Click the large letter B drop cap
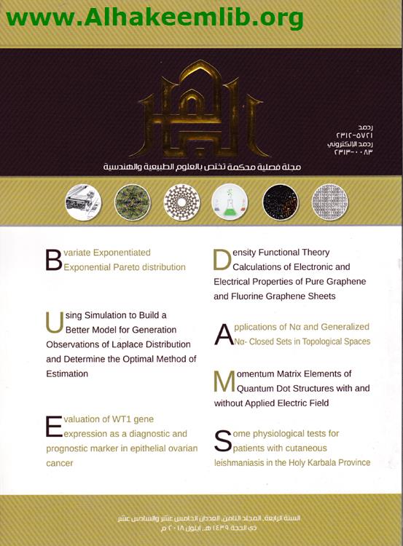click(x=53, y=260)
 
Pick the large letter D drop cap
click(x=222, y=260)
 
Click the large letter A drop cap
click(x=224, y=334)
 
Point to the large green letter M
click(x=224, y=381)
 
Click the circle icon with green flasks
click(x=230, y=202)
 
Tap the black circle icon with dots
click(x=280, y=202)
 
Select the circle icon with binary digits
click(x=330, y=202)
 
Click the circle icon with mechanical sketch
click(x=83, y=202)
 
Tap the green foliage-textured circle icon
click(x=132, y=202)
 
